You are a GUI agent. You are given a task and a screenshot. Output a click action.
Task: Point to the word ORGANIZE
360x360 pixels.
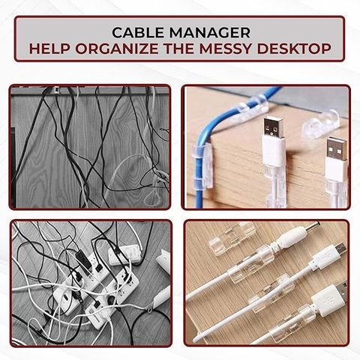[x=117, y=49]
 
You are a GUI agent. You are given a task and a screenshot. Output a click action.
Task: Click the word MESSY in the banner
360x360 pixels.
[x=225, y=49]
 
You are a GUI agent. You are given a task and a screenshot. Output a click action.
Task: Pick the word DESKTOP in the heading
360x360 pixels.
[x=294, y=49]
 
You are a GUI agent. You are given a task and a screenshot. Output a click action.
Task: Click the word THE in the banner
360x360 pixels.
[x=178, y=49]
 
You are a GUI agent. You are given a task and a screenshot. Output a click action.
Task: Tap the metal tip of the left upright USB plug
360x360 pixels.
[x=273, y=127]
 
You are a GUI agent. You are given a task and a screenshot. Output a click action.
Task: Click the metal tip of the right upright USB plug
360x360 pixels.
[x=337, y=148]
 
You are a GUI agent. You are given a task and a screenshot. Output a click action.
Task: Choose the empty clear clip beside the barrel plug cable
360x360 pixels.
[x=231, y=238]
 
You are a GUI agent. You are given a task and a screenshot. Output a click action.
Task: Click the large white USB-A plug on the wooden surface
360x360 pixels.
[x=328, y=299]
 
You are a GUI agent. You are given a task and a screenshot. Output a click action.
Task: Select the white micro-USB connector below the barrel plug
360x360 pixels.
[x=327, y=256]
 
